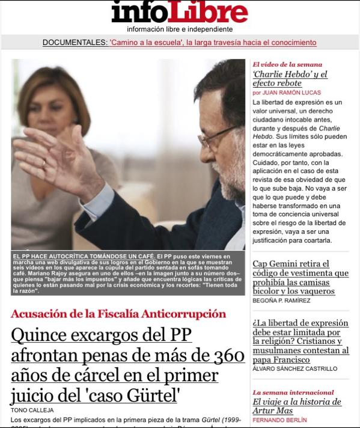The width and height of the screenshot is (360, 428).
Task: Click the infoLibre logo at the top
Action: pos(179,12)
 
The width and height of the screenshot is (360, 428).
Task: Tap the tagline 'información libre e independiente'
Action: pos(180,29)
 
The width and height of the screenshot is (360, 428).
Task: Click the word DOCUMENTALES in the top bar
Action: pos(75,43)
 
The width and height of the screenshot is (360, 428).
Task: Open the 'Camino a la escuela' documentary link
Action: pos(213,43)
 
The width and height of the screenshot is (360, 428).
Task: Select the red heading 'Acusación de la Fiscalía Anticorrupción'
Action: pos(118,314)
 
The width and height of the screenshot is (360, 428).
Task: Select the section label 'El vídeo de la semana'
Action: pos(287,64)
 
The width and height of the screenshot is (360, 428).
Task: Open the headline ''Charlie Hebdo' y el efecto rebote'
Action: pos(290,79)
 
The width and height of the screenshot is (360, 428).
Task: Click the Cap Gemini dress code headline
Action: pos(300,277)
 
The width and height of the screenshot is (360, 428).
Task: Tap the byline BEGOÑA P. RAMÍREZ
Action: pos(281,300)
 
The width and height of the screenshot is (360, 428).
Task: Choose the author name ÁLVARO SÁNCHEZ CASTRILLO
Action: pos(294,368)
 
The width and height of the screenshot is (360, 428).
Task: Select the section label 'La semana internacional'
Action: pos(293,392)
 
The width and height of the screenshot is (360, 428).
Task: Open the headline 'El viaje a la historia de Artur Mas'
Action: pos(296,406)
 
